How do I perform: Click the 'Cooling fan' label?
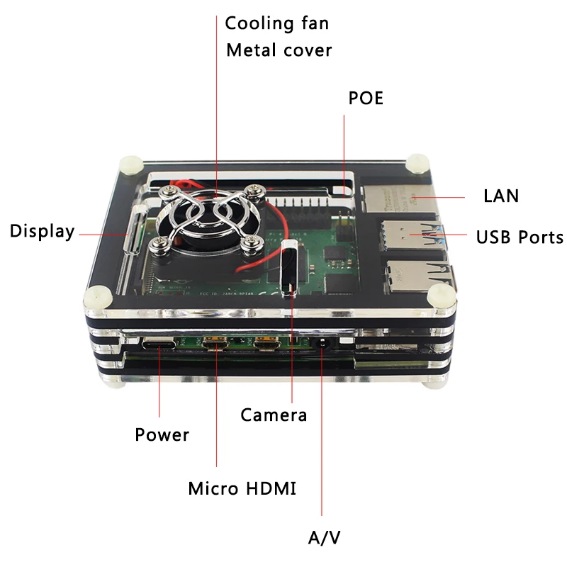[277, 23]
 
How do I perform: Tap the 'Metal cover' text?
[279, 51]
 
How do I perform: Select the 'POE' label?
[366, 99]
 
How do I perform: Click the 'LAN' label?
[501, 196]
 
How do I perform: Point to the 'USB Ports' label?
[520, 237]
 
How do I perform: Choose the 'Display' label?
[42, 231]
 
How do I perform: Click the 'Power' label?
[162, 434]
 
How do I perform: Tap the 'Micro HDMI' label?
[242, 488]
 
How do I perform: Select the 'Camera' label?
[274, 415]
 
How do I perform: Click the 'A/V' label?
[325, 537]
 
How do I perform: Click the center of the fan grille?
[210, 218]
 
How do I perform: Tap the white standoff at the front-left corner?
[96, 297]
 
